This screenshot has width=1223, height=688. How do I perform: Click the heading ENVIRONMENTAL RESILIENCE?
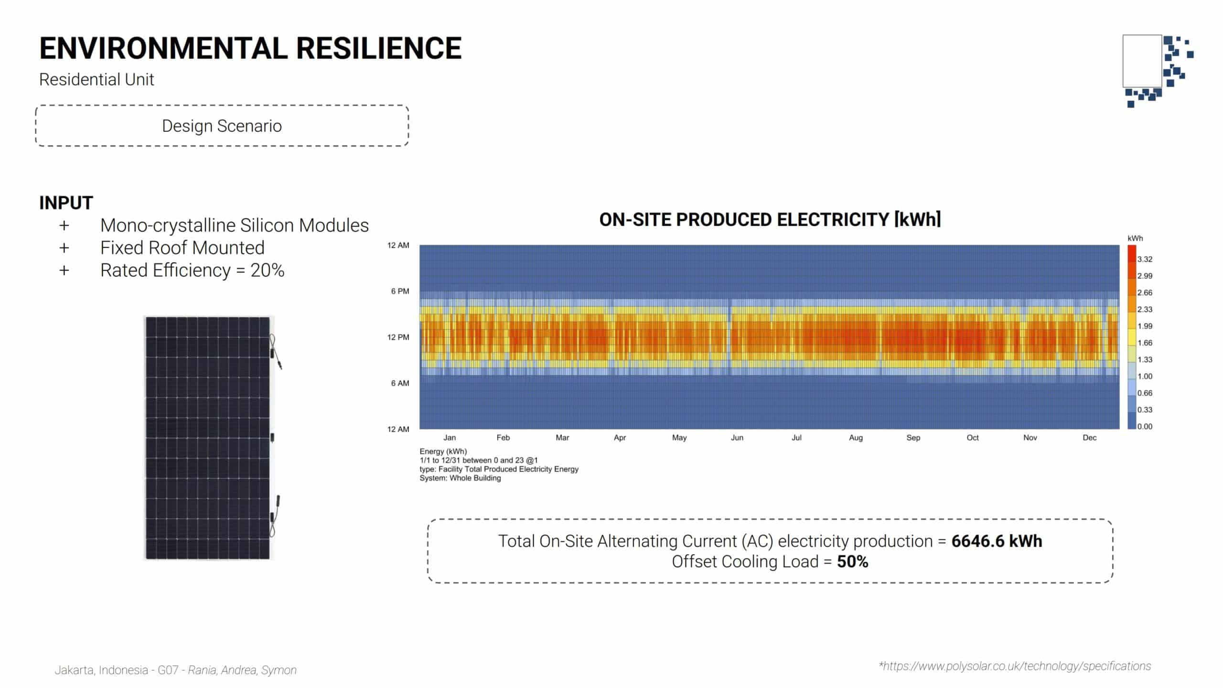click(x=250, y=48)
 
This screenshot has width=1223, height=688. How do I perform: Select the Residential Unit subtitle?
click(x=97, y=79)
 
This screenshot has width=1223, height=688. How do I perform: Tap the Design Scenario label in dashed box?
click(x=222, y=126)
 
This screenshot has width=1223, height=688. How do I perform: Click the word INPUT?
click(x=66, y=203)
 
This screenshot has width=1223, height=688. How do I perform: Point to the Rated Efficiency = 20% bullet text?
click(x=192, y=270)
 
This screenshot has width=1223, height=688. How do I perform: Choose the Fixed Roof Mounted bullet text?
click(x=182, y=248)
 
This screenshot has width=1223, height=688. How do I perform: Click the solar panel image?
click(x=208, y=437)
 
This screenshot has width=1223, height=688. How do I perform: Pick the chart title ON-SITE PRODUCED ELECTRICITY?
click(x=770, y=220)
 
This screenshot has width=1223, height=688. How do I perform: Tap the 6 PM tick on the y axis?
click(x=400, y=291)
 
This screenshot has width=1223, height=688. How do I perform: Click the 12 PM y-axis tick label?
click(x=398, y=337)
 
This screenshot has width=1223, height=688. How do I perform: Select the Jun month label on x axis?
click(x=737, y=438)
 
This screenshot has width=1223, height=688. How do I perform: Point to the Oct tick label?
click(x=972, y=438)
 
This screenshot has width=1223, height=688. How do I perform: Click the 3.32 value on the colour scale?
click(x=1144, y=259)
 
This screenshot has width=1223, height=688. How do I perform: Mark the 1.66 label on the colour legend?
click(x=1144, y=343)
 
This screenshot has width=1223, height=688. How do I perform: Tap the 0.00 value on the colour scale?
click(x=1144, y=427)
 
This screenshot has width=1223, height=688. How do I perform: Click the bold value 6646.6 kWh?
click(x=997, y=541)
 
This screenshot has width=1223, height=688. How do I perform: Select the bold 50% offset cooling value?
click(x=852, y=562)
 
